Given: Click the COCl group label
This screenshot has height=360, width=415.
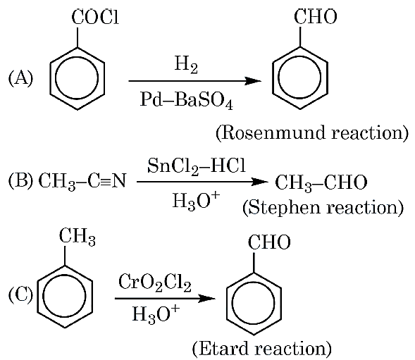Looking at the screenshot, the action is click(x=95, y=18).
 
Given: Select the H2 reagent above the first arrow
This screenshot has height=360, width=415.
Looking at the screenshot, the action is click(x=186, y=65).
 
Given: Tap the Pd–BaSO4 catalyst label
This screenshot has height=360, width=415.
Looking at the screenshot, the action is click(x=187, y=101).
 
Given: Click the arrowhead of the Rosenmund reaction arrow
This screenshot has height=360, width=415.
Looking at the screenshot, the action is click(x=253, y=81).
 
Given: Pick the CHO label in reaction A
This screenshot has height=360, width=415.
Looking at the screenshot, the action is click(x=315, y=17).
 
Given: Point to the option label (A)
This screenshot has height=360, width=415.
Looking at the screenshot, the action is click(x=20, y=79).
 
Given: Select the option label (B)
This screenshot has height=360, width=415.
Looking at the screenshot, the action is click(x=20, y=181).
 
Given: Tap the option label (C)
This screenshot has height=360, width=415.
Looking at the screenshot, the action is click(x=20, y=294).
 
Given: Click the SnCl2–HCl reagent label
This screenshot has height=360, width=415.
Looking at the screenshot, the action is click(x=197, y=166).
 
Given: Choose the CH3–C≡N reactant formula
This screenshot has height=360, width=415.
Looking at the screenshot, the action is click(x=82, y=182).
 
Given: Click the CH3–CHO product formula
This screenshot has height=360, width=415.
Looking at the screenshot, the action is click(x=321, y=182).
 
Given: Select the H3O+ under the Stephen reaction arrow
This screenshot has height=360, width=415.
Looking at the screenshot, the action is click(x=196, y=201).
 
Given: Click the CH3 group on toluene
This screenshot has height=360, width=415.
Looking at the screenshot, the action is click(x=77, y=236).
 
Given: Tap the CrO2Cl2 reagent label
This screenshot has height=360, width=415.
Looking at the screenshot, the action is click(x=155, y=283).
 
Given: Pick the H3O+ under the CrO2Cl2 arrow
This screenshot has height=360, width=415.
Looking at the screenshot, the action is click(x=156, y=314).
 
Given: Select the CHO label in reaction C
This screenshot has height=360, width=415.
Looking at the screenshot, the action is click(x=269, y=242).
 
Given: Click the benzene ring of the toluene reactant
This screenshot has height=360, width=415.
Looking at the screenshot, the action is click(x=37, y=296).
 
